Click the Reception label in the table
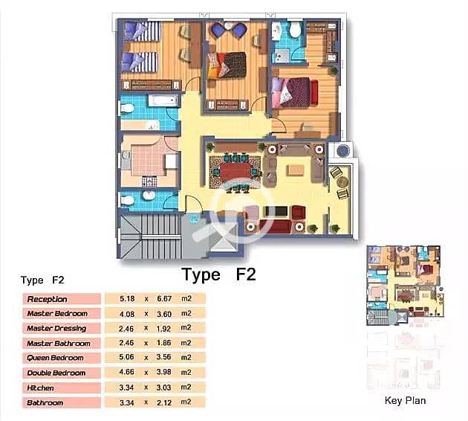(47, 299)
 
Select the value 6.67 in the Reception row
(164, 298)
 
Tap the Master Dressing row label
(56, 328)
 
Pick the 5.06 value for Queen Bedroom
(126, 357)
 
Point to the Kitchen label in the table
(40, 388)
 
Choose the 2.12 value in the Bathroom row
(164, 402)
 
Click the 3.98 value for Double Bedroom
(164, 372)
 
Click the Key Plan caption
(405, 400)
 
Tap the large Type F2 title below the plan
(219, 274)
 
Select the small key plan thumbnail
(405, 286)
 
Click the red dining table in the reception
(235, 172)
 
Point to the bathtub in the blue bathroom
(163, 100)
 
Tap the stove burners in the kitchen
(149, 181)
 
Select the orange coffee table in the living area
(296, 170)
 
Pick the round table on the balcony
(342, 181)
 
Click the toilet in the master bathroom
(295, 30)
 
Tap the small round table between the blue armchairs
(228, 26)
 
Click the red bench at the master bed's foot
(313, 93)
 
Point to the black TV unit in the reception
(276, 211)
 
